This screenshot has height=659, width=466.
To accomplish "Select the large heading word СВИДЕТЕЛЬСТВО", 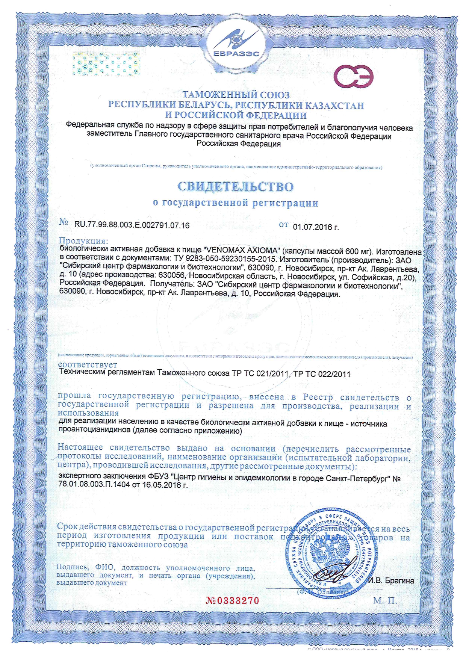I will click(235, 186).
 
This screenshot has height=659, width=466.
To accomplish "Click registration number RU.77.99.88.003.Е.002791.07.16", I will click(132, 225).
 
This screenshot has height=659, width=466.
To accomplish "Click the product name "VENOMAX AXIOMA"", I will click(242, 251).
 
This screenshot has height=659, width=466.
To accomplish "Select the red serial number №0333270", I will click(233, 600).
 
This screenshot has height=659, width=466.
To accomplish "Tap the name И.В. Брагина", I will click(391, 580).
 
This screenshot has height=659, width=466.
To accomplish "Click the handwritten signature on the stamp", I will click(330, 573).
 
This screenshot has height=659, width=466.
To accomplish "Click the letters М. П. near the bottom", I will click(385, 601).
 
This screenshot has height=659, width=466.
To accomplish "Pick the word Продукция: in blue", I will click(83, 241).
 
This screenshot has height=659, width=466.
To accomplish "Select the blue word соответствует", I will click(88, 364).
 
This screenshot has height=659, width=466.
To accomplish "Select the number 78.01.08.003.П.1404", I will click(94, 485).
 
